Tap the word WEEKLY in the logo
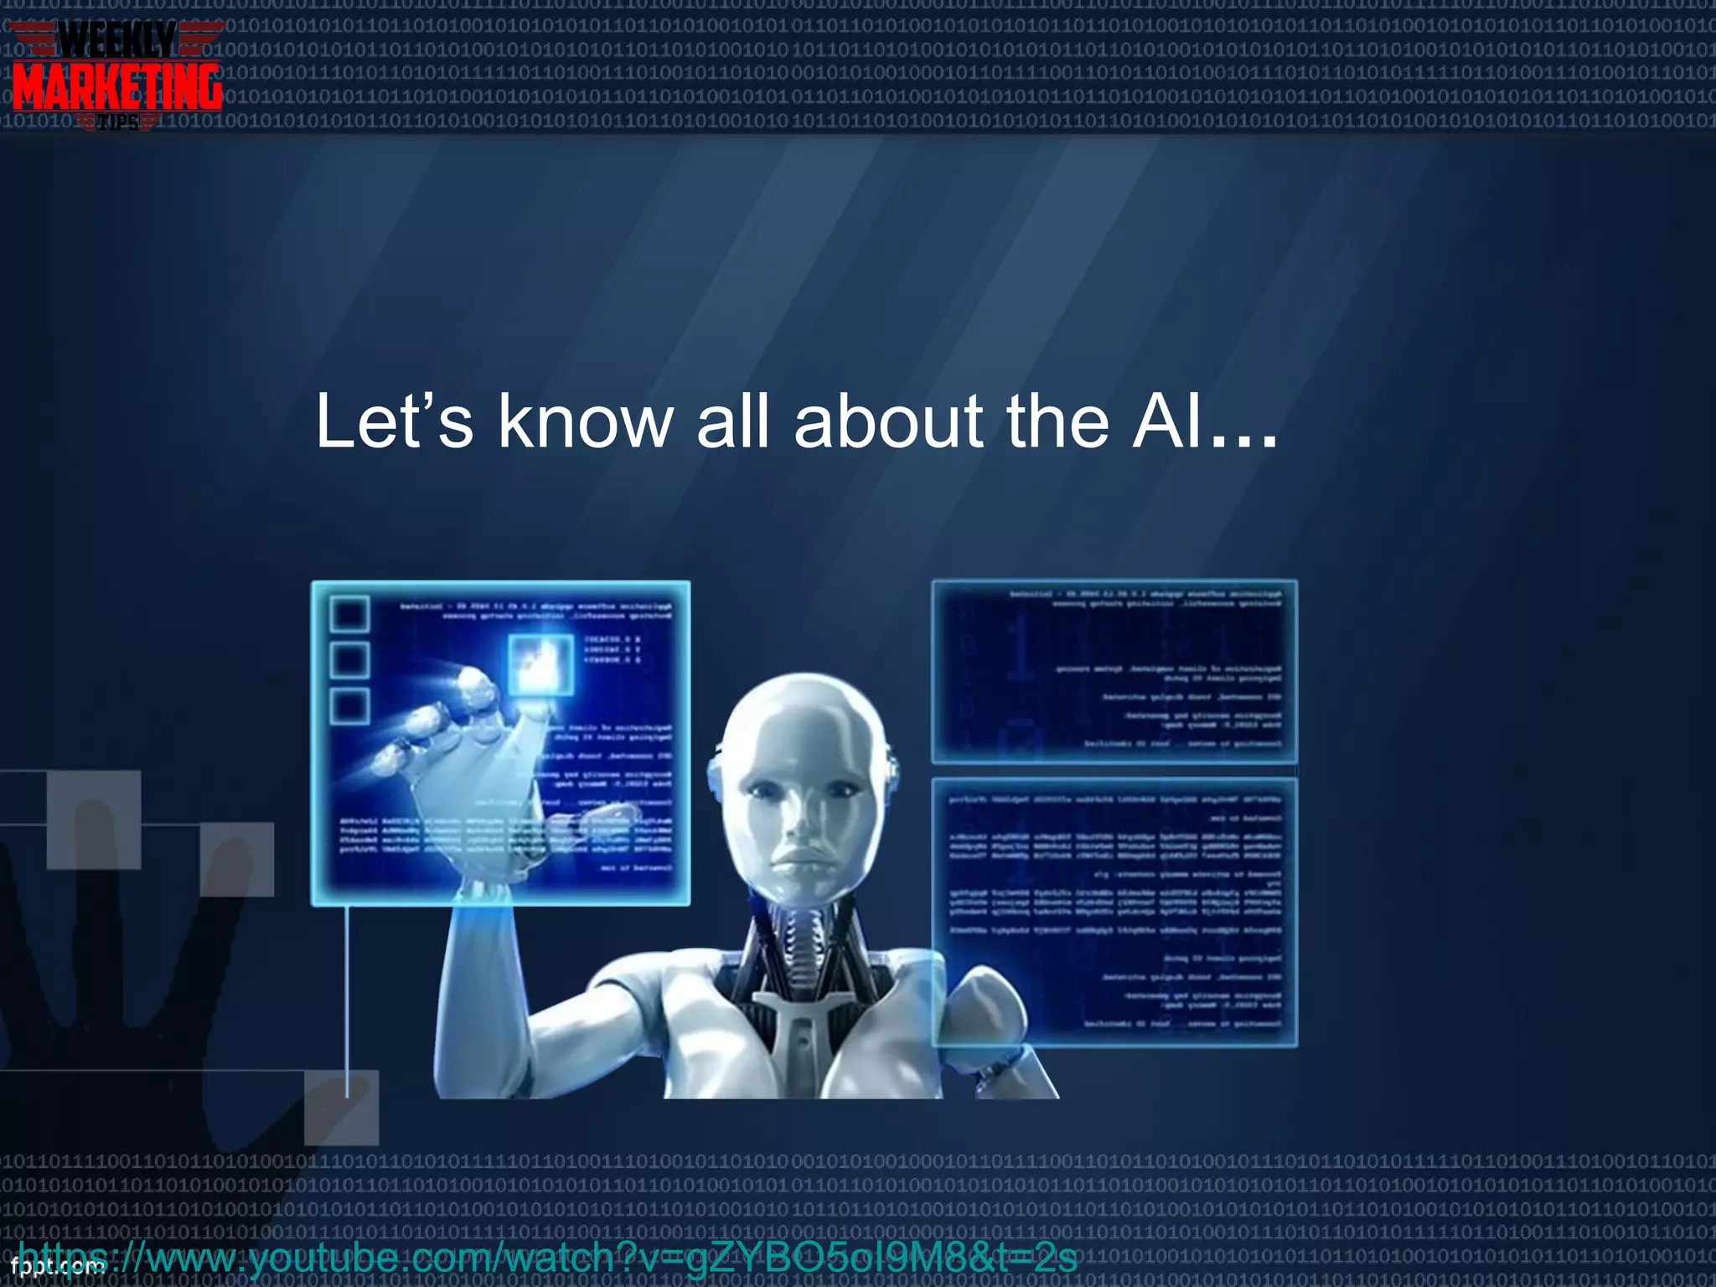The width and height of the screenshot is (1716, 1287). pos(117,39)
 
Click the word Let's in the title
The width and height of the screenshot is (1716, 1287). pos(394,421)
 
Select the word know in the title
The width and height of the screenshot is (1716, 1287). pos(586,421)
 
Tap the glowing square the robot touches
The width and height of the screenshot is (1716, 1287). pos(541,663)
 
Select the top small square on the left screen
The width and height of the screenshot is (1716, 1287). pos(349,614)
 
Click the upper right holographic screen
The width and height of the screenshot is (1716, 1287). pos(1114,670)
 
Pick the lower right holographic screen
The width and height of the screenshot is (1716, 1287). pos(1114,912)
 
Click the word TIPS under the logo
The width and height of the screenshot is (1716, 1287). pos(118,124)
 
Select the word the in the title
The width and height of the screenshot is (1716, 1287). pos(1057,421)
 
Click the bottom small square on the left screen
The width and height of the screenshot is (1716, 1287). pos(349,706)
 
